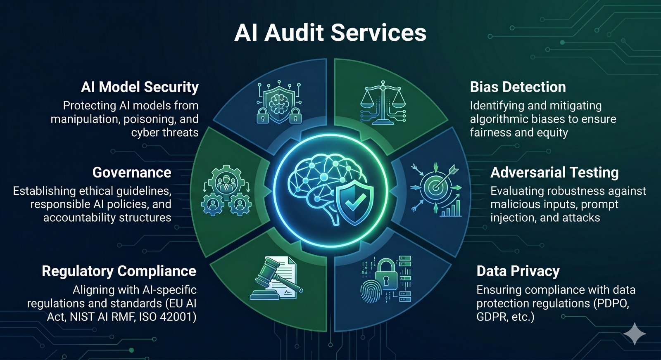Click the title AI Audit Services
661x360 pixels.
point(330,33)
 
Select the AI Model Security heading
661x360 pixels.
point(140,87)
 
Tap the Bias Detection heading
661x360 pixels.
point(518,87)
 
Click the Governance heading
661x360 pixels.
point(132,173)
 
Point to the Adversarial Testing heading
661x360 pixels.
point(554,173)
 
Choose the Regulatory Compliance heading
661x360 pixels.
point(119,271)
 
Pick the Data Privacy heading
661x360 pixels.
point(518,271)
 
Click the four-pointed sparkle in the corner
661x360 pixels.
point(635,334)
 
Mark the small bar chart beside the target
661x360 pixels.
point(451,208)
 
